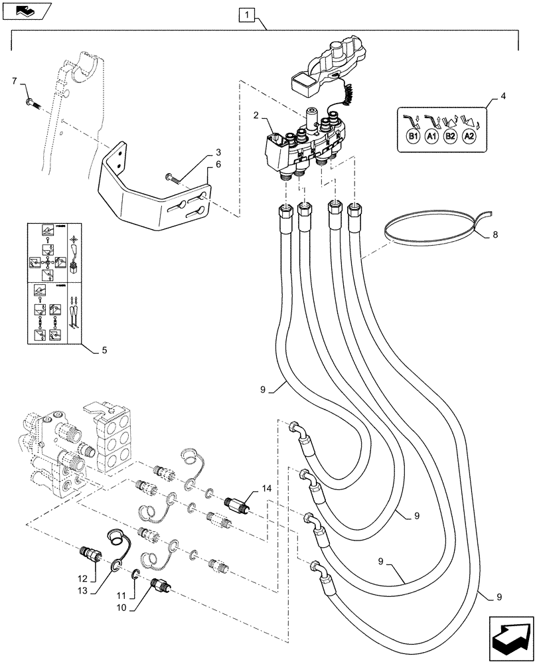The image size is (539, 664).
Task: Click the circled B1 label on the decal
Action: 412,137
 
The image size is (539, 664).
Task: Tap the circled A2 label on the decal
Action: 469,137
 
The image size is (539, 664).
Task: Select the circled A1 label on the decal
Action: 431,137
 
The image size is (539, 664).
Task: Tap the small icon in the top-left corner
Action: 23,10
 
